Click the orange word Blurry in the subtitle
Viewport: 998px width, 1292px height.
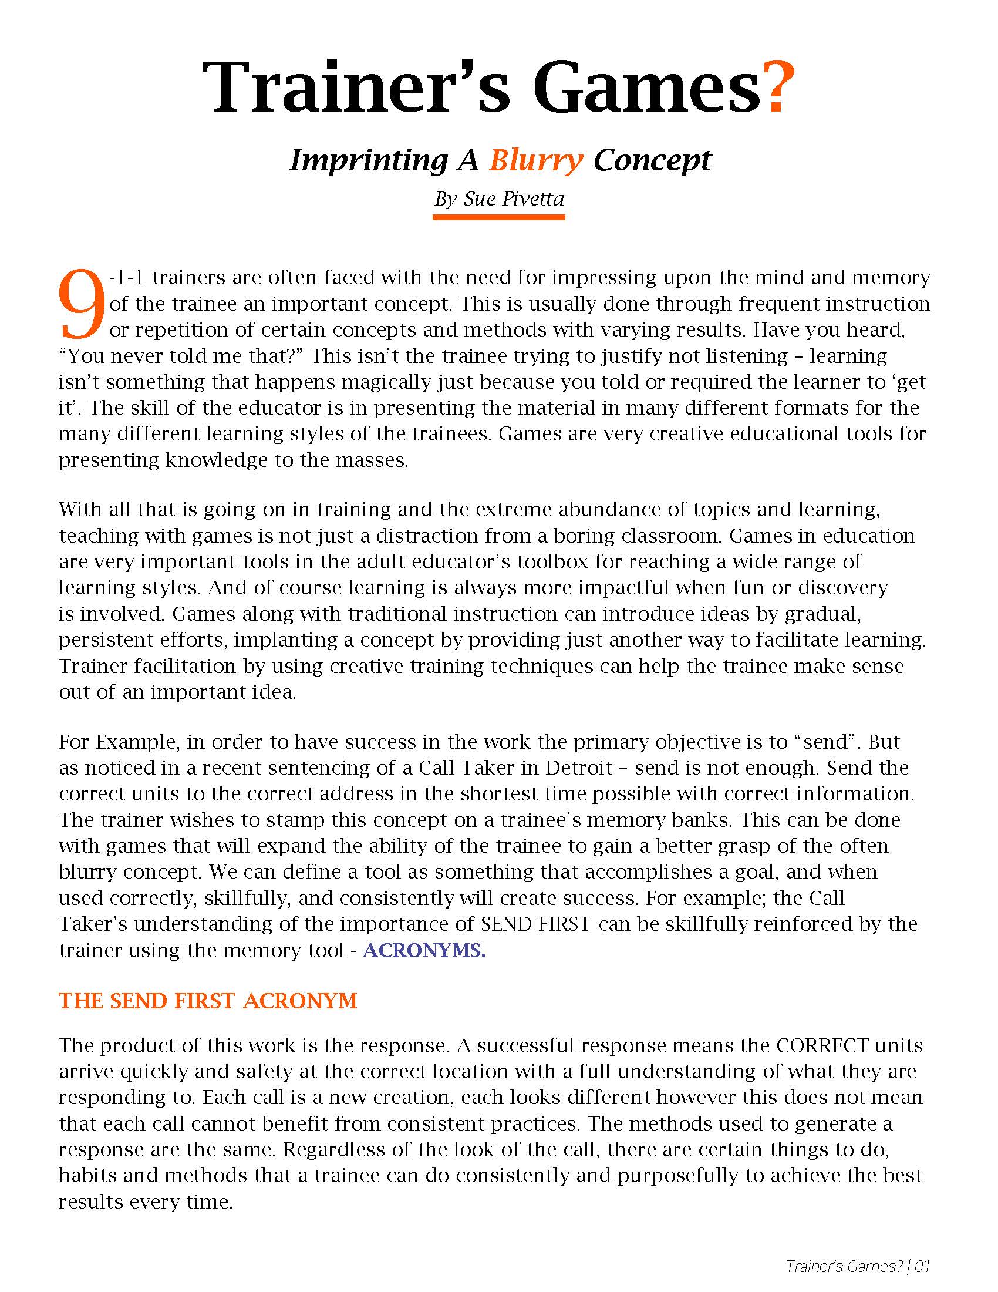pos(535,160)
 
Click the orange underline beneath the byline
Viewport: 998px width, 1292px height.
pos(498,217)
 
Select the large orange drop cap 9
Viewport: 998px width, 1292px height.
pos(82,305)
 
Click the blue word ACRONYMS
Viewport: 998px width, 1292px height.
pos(424,950)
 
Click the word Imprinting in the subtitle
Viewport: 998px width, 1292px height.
pos(368,160)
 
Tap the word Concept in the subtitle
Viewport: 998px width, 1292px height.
pos(652,160)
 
